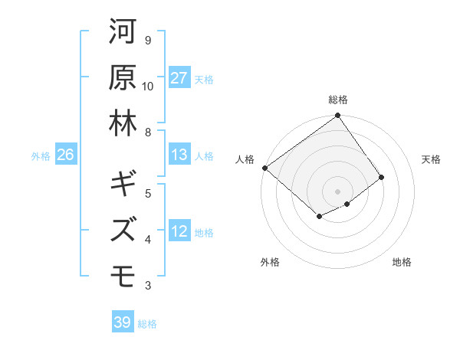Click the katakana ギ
click(123, 185)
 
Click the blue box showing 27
click(179, 78)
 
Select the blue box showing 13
click(179, 155)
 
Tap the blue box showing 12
click(179, 231)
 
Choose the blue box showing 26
click(65, 155)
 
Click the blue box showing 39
click(122, 322)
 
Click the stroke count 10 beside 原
click(148, 87)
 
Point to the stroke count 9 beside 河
click(148, 40)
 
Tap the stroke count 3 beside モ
click(148, 286)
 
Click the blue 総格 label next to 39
click(147, 324)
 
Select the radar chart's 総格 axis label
click(338, 100)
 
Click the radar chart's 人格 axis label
click(245, 159)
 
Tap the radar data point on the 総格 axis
click(338, 116)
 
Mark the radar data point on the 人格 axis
click(264, 168)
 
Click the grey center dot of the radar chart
click(338, 191)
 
